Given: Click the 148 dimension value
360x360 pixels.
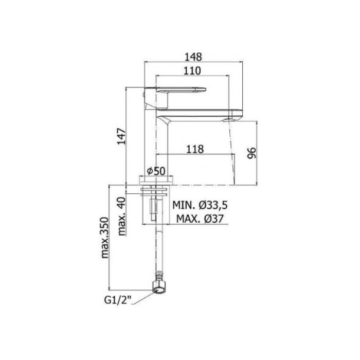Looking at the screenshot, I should pyautogui.click(x=194, y=56).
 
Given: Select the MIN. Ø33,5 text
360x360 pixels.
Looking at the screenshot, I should pyautogui.click(x=200, y=205).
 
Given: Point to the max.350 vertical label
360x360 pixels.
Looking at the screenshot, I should pyautogui.click(x=105, y=237).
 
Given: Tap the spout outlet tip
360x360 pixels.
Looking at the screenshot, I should pyautogui.click(x=232, y=117).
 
